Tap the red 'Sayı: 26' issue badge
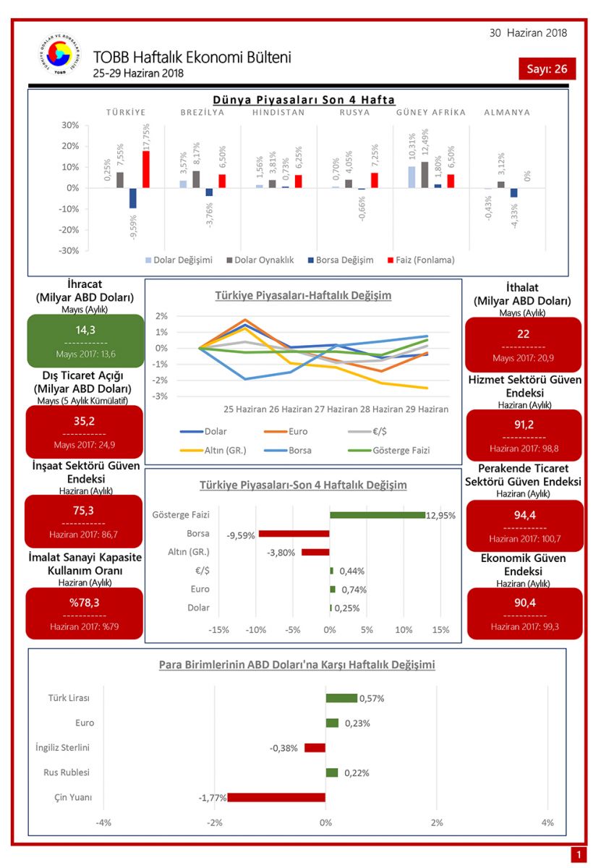coord(547,69)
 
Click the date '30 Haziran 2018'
coord(528,33)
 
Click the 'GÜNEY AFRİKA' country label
coord(431,112)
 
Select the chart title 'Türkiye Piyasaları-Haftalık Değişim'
coord(303,296)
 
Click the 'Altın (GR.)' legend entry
coord(216,450)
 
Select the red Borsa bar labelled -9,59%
coord(294,534)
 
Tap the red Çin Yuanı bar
coord(276,798)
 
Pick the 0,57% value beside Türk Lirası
coord(372,698)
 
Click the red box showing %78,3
coord(85,613)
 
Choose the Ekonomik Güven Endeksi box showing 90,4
coord(524,613)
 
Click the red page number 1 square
coord(578,855)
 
